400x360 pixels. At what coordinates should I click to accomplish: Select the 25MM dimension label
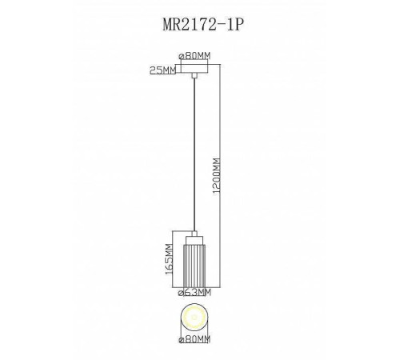click(162, 71)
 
